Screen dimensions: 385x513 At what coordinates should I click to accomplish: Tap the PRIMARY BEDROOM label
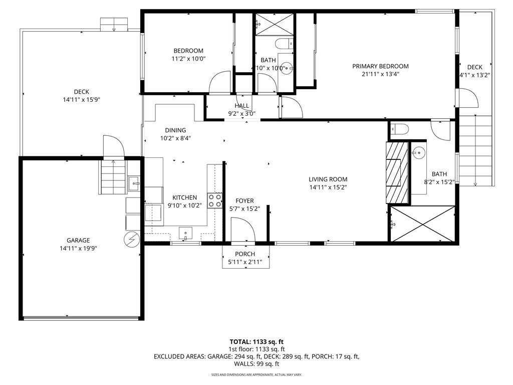click(x=380, y=66)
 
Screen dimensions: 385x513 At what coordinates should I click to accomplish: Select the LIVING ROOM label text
click(x=328, y=179)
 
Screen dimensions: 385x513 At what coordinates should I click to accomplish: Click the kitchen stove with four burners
click(x=215, y=201)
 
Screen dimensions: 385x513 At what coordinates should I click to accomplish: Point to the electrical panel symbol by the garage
click(x=131, y=240)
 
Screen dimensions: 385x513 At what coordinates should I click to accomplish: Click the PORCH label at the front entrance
click(x=245, y=254)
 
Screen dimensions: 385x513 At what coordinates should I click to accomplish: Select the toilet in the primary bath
click(x=399, y=129)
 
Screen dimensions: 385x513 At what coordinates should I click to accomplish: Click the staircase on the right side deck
click(x=476, y=150)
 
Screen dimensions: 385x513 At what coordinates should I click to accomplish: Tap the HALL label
click(x=242, y=106)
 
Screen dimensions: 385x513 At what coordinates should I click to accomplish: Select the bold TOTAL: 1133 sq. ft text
click(x=256, y=342)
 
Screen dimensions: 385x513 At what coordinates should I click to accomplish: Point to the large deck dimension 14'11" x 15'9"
click(x=81, y=100)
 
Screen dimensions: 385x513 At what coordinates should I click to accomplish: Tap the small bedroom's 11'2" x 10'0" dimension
click(x=188, y=59)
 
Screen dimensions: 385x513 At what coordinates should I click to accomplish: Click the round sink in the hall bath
click(x=286, y=69)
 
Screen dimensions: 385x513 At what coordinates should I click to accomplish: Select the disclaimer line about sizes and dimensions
click(x=256, y=374)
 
